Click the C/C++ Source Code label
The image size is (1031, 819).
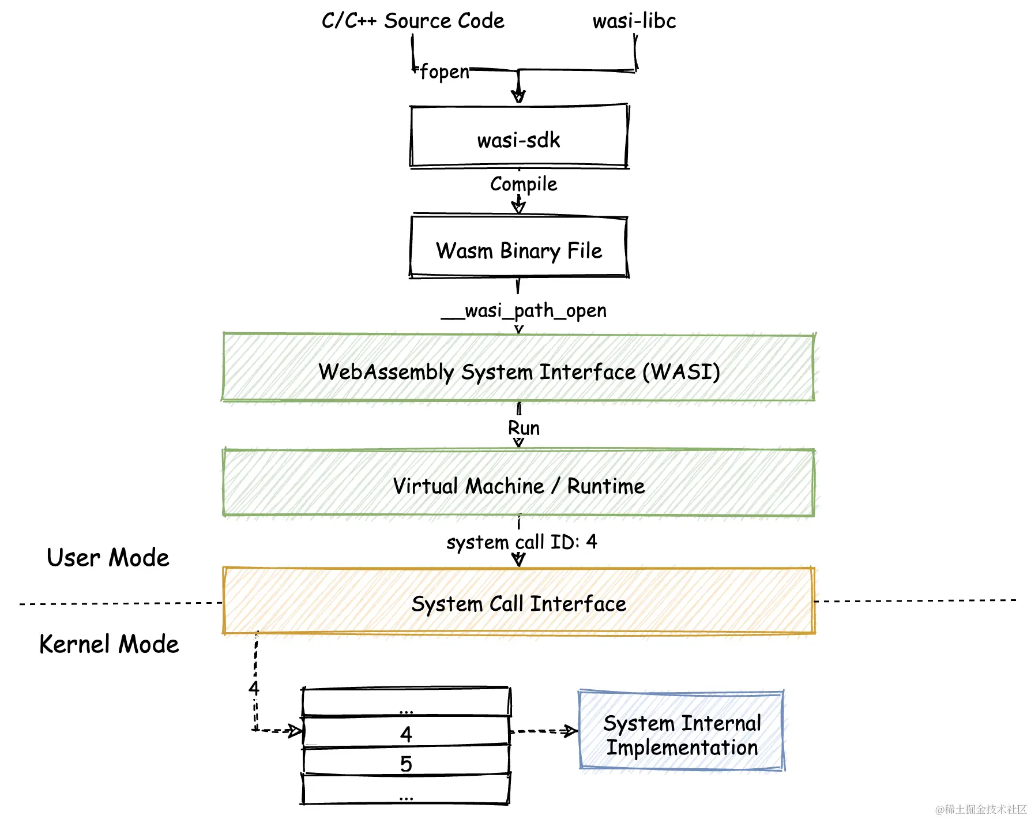[413, 21]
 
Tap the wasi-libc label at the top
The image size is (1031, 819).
[634, 21]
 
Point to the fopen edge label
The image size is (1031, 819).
[444, 72]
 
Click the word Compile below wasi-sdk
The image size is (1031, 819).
[524, 184]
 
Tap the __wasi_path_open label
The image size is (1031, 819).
[524, 310]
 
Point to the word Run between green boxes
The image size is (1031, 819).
[524, 428]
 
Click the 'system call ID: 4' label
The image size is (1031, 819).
[521, 542]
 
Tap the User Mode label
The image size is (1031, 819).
[108, 558]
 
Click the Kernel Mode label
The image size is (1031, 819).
[109, 644]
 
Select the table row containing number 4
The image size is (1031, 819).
[406, 732]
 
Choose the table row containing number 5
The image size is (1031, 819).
[406, 762]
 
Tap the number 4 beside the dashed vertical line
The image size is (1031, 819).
[254, 688]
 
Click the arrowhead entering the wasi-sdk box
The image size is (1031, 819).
[518, 97]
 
